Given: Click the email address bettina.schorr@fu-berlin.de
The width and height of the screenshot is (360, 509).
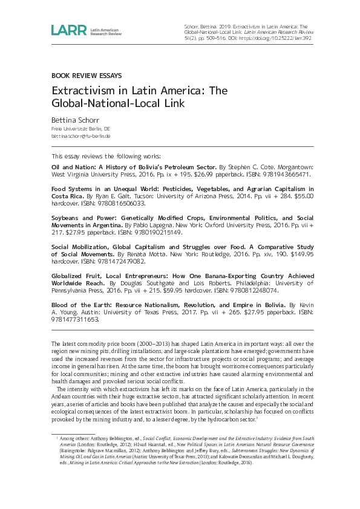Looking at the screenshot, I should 81,137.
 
